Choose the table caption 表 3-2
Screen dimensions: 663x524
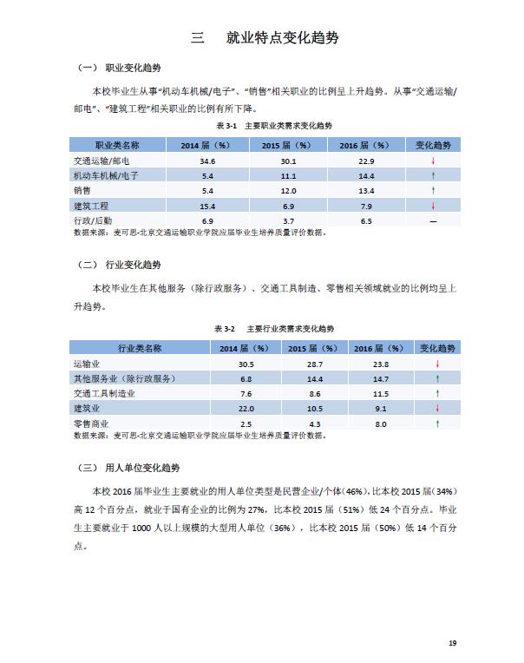[x=225, y=330]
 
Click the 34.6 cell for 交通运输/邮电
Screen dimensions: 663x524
[x=207, y=161]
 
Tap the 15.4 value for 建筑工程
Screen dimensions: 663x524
[x=207, y=206]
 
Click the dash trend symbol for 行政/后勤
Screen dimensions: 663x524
[x=432, y=221]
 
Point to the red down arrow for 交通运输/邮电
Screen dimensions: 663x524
[x=432, y=161]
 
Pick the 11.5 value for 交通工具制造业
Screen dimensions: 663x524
[x=380, y=394]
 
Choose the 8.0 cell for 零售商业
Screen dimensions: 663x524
[x=380, y=423]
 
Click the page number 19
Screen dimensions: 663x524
[x=452, y=643]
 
